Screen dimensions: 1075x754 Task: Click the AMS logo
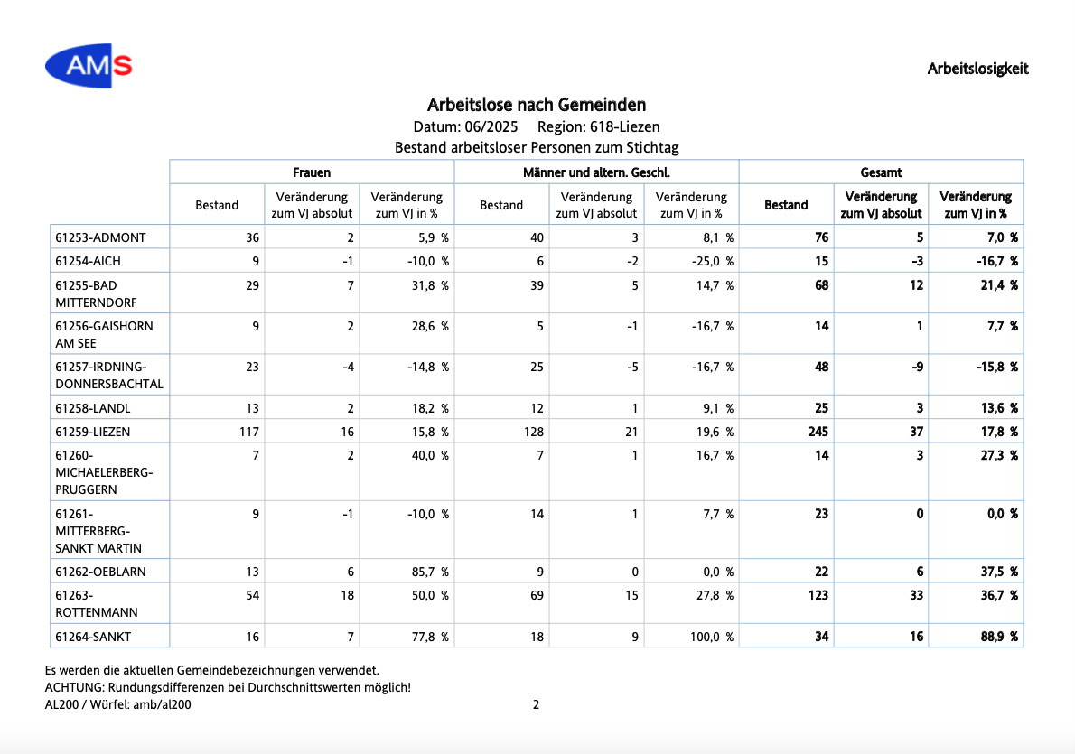coord(89,66)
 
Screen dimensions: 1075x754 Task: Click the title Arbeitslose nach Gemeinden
coord(536,105)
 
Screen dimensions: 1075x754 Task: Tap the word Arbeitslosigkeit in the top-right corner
coord(977,69)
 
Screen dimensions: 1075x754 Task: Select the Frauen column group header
coord(312,172)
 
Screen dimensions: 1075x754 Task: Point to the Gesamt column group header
coord(881,172)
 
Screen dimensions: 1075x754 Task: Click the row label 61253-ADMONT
coord(101,237)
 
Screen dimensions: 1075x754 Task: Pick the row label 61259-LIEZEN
coord(92,432)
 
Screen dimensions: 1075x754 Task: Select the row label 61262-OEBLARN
coord(101,572)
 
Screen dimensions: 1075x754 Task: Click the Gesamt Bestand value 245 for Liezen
coord(818,432)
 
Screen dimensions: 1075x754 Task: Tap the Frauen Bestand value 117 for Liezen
coord(248,432)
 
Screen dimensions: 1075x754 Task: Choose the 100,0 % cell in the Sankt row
coord(712,637)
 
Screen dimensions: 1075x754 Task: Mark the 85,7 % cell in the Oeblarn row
coord(430,572)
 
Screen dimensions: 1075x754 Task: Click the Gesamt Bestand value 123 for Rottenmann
coord(818,596)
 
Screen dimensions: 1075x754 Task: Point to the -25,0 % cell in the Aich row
coord(713,261)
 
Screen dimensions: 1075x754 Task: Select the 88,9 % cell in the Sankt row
coord(999,637)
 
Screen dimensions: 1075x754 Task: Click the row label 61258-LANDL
coord(92,408)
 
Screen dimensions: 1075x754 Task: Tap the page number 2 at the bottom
coord(536,704)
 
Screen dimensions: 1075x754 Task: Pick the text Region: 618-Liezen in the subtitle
coord(599,126)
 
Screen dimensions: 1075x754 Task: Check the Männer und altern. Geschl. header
coord(596,172)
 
